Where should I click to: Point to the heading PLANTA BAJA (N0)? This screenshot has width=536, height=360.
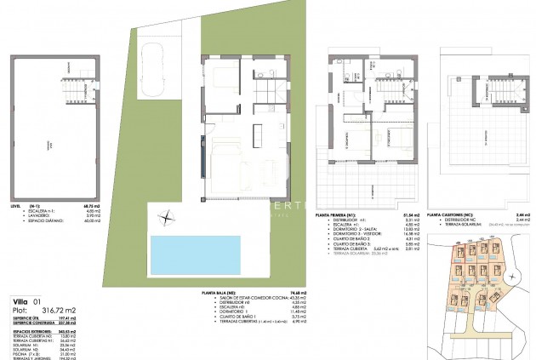tap(220, 291)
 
